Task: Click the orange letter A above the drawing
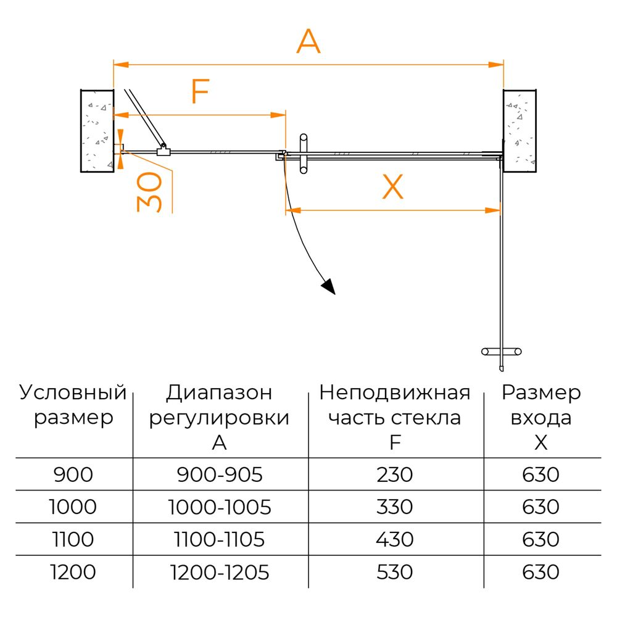click(308, 41)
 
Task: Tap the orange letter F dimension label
click(201, 91)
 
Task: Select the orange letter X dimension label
click(392, 186)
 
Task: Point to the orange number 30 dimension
click(149, 192)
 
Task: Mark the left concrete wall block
click(97, 131)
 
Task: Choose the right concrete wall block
click(520, 131)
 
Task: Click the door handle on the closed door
click(304, 154)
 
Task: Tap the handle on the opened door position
click(501, 352)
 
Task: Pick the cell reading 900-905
click(220, 474)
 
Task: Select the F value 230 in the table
click(395, 474)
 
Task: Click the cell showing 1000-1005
click(220, 507)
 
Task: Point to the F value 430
click(395, 539)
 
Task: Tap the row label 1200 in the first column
click(73, 572)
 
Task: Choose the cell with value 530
click(395, 572)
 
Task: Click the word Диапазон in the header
click(219, 393)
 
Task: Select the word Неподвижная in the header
click(395, 393)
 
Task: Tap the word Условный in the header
click(73, 392)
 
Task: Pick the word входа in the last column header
click(541, 418)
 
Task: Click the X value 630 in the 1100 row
click(540, 539)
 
